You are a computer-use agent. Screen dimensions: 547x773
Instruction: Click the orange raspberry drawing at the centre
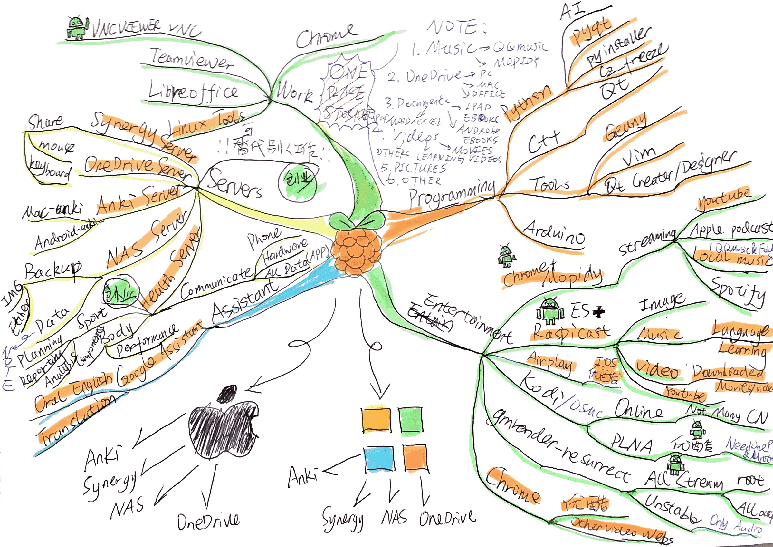[x=357, y=249]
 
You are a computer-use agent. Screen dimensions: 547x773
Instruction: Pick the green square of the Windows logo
[x=410, y=420]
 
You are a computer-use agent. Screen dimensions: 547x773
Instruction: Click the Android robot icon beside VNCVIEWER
[x=77, y=28]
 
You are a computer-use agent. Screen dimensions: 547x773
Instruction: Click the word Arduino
[x=554, y=234]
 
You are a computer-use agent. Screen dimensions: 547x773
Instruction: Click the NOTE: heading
[x=456, y=27]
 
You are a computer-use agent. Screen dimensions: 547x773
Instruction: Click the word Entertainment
[x=468, y=318]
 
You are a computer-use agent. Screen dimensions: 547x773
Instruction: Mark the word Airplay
[x=550, y=362]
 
